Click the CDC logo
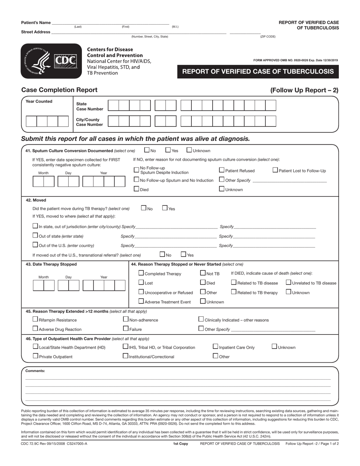pyautogui.click(x=51, y=61)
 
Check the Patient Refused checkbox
pyautogui.click(x=222, y=170)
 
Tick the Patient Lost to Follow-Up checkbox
pyautogui.click(x=275, y=170)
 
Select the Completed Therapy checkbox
pyautogui.click(x=141, y=273)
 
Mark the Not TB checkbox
pyautogui.click(x=203, y=273)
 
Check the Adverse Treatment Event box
pyautogui.click(x=141, y=301)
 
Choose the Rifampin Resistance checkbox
pyautogui.click(x=36, y=319)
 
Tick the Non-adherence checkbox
pyautogui.click(x=126, y=319)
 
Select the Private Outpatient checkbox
pyautogui.click(x=36, y=356)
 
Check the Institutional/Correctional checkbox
pyautogui.click(x=126, y=356)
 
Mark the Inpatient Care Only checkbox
pyautogui.click(x=216, y=347)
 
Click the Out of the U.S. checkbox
pyautogui.click(x=35, y=245)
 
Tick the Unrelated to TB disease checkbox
pyautogui.click(x=288, y=282)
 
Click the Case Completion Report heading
pyautogui.click(x=59, y=90)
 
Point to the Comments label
pyautogui.click(x=35, y=371)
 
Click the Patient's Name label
pyautogui.click(x=36, y=23)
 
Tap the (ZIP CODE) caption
pyautogui.click(x=268, y=36)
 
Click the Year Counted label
pyautogui.click(x=39, y=102)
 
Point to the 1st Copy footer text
pyautogui.click(x=180, y=443)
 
